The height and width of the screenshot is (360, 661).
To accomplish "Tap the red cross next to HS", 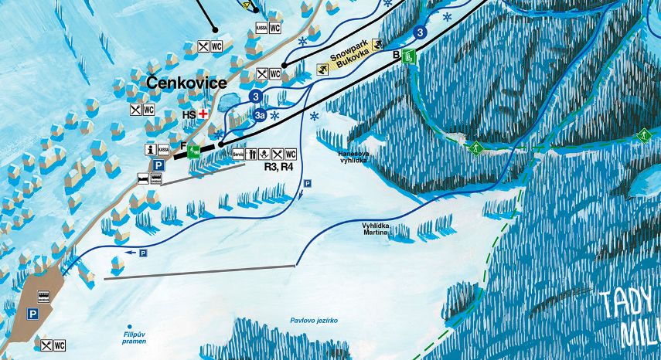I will (x=203, y=114).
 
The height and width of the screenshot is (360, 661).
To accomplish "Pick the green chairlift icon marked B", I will (x=410, y=56).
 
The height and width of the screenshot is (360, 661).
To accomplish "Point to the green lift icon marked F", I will (x=193, y=151).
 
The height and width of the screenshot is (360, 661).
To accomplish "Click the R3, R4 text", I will (x=278, y=166).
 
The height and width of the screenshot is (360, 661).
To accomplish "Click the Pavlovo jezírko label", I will (x=314, y=320).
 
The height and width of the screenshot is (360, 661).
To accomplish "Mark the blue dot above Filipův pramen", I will (x=130, y=327).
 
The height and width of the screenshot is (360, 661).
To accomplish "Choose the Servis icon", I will (x=237, y=154).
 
